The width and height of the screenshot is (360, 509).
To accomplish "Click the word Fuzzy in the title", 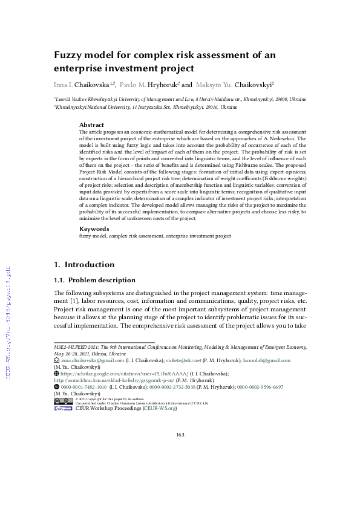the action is click(x=70, y=55).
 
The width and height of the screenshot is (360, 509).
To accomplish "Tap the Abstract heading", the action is click(x=92, y=125).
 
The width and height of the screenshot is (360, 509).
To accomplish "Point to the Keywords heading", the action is click(x=94, y=229).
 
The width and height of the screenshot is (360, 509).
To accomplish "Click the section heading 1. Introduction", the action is click(x=84, y=264).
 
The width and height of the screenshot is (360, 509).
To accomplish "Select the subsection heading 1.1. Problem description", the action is click(x=94, y=280).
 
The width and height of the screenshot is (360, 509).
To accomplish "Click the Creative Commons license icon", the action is click(x=64, y=400).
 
